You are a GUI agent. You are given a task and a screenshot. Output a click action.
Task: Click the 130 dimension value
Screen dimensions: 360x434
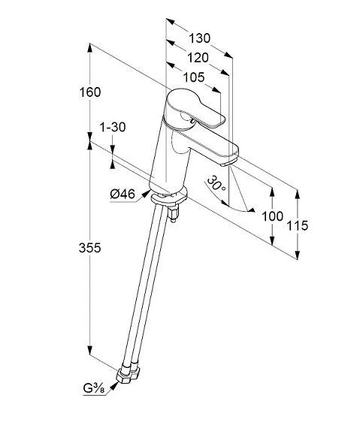coord(199,38)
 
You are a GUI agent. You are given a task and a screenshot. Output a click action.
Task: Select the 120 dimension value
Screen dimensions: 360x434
coord(198,58)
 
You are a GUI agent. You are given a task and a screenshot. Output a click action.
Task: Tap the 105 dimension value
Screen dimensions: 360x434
coord(194,77)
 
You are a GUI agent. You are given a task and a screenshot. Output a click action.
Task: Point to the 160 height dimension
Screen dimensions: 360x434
coord(89,92)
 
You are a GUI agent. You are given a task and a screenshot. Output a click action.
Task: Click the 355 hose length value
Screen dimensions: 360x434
coord(89,248)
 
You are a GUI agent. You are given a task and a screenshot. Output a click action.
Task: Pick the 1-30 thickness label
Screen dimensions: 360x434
coord(112,128)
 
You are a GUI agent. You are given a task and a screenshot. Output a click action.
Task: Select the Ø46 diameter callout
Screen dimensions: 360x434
coord(123,194)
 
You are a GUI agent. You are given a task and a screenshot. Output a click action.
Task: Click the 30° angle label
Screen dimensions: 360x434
coord(216,183)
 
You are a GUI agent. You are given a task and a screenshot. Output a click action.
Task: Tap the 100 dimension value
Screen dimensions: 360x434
coord(272,216)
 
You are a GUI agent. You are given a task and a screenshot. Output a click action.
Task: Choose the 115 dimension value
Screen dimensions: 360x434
coord(298,225)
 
